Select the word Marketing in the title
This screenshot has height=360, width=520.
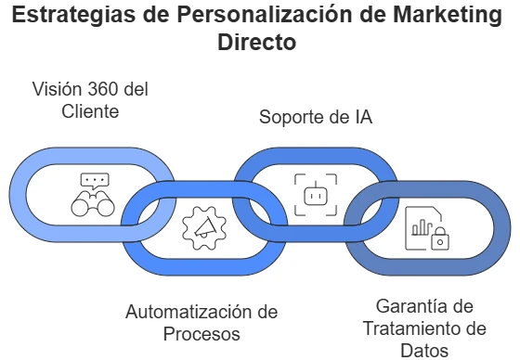coord(433,16)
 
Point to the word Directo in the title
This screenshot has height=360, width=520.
coord(259,43)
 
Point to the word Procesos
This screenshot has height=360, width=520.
coord(201,333)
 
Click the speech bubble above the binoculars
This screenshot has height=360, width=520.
coord(95,181)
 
